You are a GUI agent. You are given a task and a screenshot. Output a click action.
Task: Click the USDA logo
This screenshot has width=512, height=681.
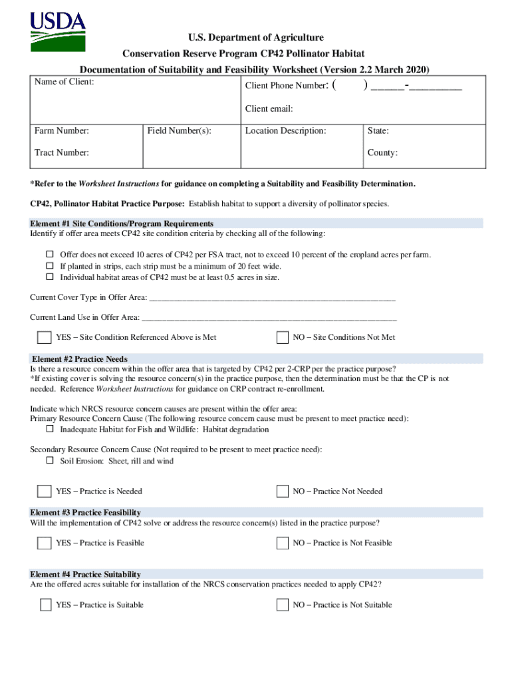point(58,31)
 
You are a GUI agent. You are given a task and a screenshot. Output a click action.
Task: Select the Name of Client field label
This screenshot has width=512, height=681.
point(64,82)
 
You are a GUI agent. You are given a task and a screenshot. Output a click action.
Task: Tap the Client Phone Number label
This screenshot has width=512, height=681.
point(286,86)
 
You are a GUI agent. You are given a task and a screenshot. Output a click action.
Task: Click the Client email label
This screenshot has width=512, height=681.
point(269,108)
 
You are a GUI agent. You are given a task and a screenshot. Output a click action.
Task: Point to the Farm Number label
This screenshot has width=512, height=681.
point(62,131)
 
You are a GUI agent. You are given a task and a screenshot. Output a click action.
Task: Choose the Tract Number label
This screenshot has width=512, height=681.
point(62,153)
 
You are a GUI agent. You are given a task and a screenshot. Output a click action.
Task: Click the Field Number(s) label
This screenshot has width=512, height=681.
point(180,131)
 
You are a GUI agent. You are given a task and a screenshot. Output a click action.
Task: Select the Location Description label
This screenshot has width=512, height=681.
point(285,131)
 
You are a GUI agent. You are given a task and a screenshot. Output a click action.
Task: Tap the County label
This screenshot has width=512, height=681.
point(382,153)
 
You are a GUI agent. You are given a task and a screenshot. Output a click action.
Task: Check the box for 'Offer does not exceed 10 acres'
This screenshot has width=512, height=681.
point(50,255)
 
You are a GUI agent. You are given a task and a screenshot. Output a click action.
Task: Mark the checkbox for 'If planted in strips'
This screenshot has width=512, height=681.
point(50,266)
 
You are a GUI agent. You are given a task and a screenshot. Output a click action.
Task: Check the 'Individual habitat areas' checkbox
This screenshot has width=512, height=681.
point(50,277)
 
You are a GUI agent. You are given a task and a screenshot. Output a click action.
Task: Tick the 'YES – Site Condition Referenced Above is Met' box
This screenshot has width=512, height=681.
point(45,337)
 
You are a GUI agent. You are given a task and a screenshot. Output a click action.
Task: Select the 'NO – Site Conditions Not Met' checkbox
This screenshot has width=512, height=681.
point(283,337)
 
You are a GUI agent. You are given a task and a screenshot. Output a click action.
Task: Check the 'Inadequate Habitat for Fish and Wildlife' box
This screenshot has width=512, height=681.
point(50,430)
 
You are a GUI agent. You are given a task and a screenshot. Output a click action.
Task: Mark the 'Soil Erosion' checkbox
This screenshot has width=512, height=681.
point(50,461)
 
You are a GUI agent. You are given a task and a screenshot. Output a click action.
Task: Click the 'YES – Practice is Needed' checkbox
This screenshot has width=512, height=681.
point(45,491)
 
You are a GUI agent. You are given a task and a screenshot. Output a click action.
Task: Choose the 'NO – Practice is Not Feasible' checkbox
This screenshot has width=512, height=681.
point(283,543)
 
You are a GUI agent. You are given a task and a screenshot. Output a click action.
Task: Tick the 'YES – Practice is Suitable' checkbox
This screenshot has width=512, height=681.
point(45,605)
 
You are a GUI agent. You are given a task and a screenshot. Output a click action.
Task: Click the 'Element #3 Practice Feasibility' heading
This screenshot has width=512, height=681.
point(86,513)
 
